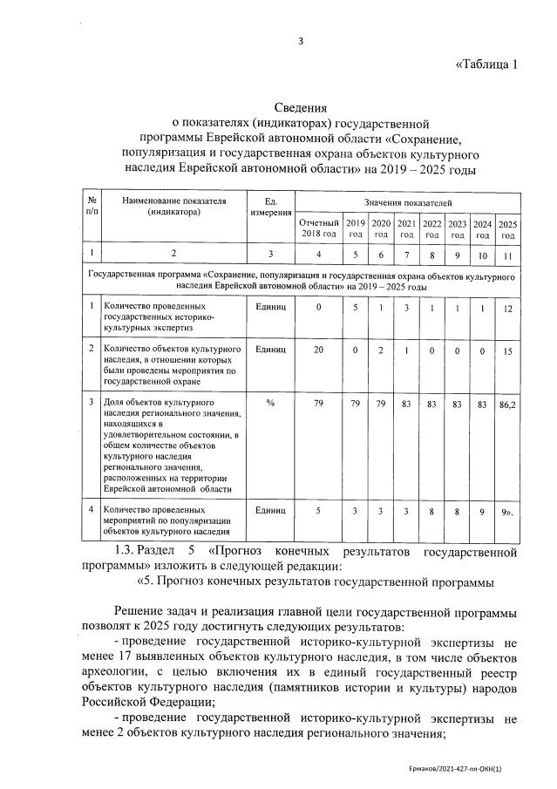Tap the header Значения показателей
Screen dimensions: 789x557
(407, 201)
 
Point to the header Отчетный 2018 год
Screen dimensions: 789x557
(318, 228)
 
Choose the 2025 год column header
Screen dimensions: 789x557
(507, 228)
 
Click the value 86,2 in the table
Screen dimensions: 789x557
(507, 405)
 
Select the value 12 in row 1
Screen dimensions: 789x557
(507, 309)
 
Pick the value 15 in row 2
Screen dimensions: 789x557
(507, 350)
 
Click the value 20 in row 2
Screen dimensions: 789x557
(318, 350)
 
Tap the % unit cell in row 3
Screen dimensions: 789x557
(270, 405)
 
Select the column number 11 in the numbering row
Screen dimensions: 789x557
(507, 254)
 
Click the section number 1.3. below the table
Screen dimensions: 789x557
(132, 551)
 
